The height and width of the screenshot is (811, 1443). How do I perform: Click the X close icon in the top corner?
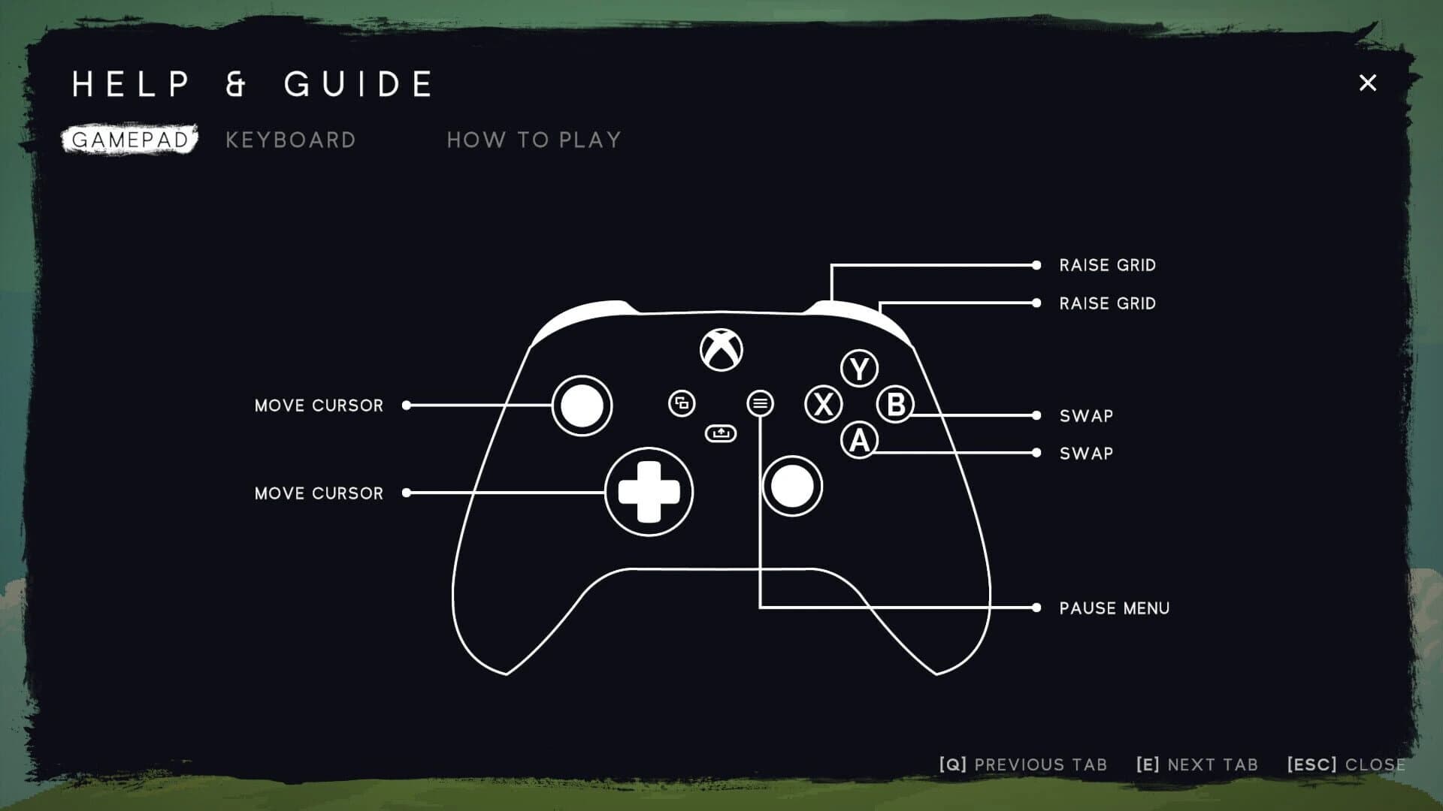tap(1367, 83)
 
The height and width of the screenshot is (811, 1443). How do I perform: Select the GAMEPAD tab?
tap(130, 140)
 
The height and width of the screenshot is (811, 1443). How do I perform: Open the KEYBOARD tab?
tap(291, 140)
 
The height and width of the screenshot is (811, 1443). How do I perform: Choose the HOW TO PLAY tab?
tap(534, 140)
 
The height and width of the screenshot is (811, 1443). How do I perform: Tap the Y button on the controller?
tap(859, 369)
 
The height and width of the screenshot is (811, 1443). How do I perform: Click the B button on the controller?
tap(895, 405)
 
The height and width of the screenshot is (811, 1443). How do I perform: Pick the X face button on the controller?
tap(824, 405)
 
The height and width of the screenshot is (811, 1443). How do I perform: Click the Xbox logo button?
tap(721, 350)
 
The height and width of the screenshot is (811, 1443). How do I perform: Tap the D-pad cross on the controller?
tap(649, 493)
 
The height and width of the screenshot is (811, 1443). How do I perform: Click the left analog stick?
tap(582, 405)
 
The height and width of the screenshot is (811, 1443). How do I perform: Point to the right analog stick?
tap(792, 487)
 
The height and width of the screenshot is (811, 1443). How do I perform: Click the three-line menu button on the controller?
tap(760, 404)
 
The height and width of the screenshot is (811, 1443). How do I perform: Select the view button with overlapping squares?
tap(682, 403)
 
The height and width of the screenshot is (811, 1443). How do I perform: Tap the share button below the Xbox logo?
tap(721, 433)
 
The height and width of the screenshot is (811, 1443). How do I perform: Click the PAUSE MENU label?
tap(1114, 608)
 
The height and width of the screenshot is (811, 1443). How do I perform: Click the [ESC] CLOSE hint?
tap(1345, 764)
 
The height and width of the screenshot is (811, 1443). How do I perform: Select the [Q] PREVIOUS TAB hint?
tap(1023, 764)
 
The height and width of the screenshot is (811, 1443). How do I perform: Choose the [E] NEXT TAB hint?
tap(1196, 764)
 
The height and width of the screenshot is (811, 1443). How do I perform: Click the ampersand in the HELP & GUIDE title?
tap(236, 84)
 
